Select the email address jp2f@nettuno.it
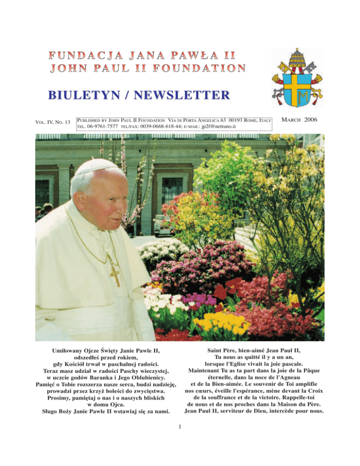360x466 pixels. (x=247, y=127)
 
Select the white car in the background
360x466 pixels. (x=163, y=224)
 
